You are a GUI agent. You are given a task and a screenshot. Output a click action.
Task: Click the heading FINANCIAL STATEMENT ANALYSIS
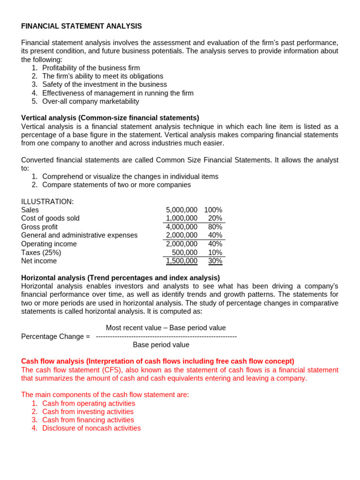82,26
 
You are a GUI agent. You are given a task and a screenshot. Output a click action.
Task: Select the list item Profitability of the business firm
91,68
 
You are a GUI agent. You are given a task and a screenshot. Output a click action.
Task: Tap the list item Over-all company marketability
90,101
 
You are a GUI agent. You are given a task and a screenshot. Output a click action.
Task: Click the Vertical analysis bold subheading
110,118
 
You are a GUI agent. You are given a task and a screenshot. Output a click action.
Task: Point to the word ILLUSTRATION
47,202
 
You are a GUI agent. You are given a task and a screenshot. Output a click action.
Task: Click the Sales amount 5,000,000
181,210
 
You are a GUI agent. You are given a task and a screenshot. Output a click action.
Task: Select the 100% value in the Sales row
213,210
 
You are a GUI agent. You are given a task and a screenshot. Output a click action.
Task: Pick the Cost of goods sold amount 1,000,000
181,218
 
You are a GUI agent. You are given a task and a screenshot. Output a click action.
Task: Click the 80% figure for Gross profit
215,227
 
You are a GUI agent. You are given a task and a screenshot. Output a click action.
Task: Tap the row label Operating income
49,244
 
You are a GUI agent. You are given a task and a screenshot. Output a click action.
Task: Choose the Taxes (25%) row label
41,253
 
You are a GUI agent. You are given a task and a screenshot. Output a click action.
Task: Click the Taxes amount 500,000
185,253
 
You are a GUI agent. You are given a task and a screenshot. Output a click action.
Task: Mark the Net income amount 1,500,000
181,261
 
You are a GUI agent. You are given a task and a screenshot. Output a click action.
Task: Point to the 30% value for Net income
215,261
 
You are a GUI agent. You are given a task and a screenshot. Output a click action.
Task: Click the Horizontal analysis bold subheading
120,278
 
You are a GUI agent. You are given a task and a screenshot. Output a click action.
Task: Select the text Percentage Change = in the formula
55,337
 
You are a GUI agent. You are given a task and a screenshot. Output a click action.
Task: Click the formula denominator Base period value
161,345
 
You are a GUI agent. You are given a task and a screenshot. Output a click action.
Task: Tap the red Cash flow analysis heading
157,361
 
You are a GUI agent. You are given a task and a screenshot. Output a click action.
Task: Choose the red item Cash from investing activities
88,412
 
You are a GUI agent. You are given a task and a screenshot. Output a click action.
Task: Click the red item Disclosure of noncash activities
91,428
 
